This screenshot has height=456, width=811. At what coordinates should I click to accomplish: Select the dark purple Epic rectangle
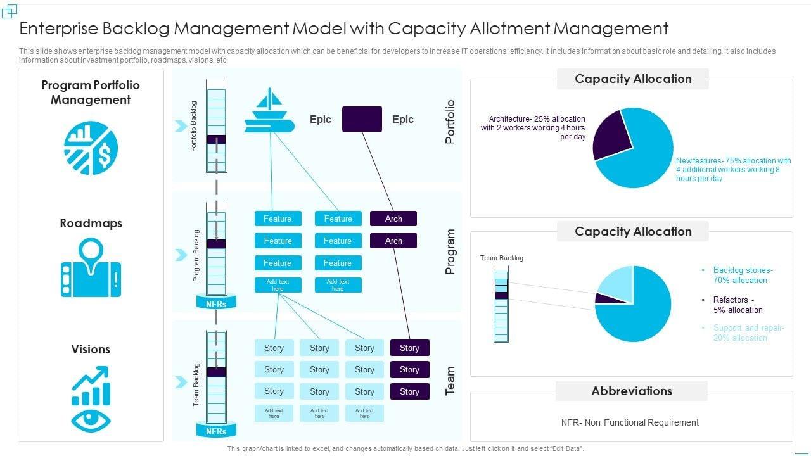(362, 119)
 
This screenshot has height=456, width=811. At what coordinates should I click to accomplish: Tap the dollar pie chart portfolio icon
(91, 148)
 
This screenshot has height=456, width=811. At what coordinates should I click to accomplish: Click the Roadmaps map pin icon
(91, 267)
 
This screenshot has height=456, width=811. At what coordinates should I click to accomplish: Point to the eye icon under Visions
(91, 420)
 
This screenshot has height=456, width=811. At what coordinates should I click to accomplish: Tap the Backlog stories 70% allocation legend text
(743, 275)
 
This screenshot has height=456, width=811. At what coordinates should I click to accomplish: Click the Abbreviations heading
(632, 391)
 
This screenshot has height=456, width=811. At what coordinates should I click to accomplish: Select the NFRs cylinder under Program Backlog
(216, 303)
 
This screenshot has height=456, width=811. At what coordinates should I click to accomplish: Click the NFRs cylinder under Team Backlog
(216, 431)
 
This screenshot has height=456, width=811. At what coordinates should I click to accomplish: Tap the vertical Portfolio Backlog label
(194, 126)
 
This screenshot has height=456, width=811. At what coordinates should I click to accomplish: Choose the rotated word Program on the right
(450, 251)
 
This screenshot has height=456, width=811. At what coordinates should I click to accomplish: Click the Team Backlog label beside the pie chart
(501, 258)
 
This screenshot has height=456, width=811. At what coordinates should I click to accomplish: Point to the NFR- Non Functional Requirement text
(630, 422)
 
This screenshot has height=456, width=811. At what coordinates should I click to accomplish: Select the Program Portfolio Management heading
(91, 92)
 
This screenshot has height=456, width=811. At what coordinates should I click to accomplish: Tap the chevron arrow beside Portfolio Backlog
(181, 126)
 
